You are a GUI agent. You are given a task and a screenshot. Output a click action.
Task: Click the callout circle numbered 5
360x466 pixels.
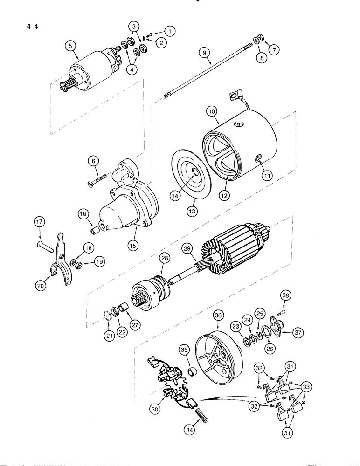coord(71,46)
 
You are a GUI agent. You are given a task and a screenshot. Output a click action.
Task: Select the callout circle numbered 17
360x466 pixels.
coord(39,223)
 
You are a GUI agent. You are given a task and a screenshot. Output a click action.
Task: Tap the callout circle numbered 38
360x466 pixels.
coord(285,295)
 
